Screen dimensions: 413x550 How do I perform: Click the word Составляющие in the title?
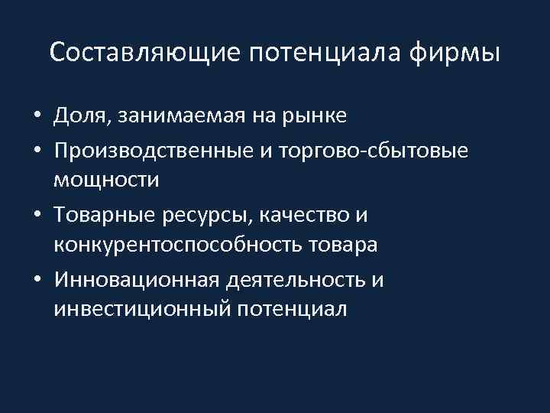click(x=144, y=53)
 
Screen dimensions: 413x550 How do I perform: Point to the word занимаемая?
click(x=181, y=116)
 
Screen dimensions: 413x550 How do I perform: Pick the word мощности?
click(x=106, y=181)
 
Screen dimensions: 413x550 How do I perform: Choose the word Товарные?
click(x=104, y=215)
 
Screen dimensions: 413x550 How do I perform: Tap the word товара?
click(x=345, y=247)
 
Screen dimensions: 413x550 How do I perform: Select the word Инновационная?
click(x=136, y=281)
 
